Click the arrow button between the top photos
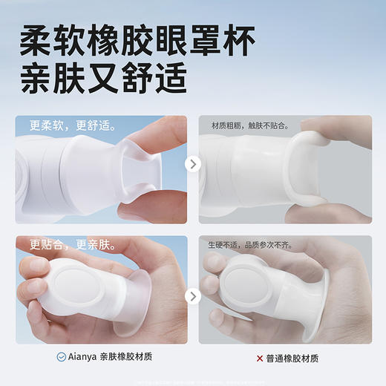pyautogui.click(x=193, y=164)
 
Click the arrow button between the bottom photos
pyautogui.click(x=193, y=296)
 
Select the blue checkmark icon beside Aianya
pyautogui.click(x=61, y=357)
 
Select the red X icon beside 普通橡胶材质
pyautogui.click(x=260, y=358)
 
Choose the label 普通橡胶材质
pyautogui.click(x=292, y=358)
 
